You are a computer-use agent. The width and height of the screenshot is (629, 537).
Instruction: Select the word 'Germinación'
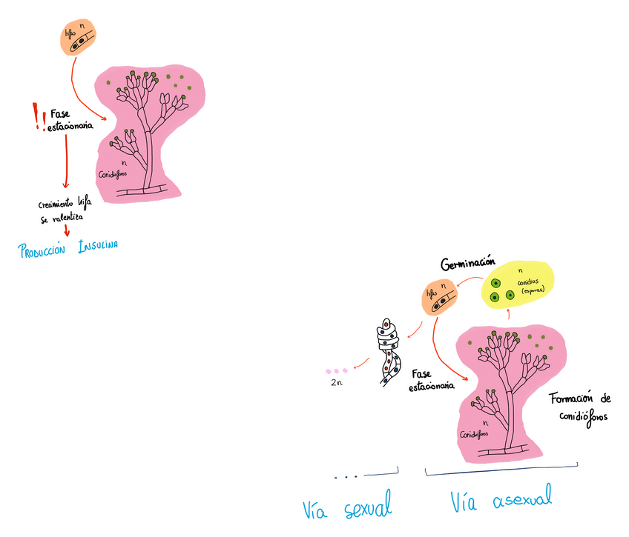pyautogui.click(x=467, y=264)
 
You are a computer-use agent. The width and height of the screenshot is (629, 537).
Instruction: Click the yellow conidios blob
pyautogui.click(x=518, y=288)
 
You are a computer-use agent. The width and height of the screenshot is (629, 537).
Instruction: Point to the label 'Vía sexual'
pyautogui.click(x=347, y=509)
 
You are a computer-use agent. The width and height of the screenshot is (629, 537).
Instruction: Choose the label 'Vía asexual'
pyautogui.click(x=501, y=501)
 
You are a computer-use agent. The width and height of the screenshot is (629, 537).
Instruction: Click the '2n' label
pyautogui.click(x=336, y=384)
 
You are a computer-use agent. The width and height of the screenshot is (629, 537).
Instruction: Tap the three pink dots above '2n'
pyautogui.click(x=336, y=370)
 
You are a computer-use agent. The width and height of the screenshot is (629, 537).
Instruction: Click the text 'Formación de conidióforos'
pyautogui.click(x=580, y=407)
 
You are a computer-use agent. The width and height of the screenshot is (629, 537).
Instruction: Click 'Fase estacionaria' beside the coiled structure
pyautogui.click(x=431, y=380)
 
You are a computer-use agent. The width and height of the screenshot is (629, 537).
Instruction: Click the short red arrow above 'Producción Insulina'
pyautogui.click(x=67, y=232)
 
